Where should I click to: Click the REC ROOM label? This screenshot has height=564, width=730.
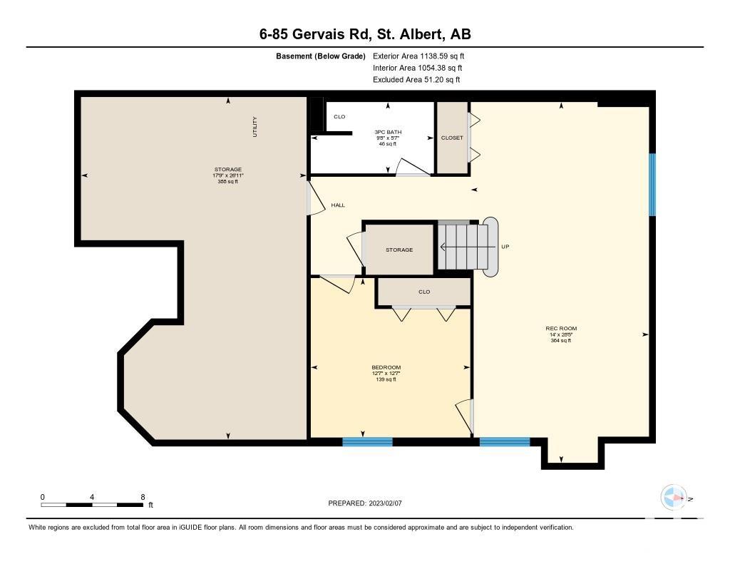tap(561, 328)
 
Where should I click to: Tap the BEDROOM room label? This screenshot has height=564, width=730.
tap(386, 367)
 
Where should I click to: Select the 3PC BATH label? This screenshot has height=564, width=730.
tap(388, 133)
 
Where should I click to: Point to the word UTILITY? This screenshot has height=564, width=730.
tap(255, 127)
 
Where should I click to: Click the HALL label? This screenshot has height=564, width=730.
tap(338, 205)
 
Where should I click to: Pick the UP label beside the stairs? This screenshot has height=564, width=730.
tap(505, 247)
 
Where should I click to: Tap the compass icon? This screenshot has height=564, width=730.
tap(674, 498)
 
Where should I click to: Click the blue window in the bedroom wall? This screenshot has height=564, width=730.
tap(367, 441)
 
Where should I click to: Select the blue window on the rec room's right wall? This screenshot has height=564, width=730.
tap(652, 185)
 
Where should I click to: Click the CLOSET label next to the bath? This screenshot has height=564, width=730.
tap(452, 138)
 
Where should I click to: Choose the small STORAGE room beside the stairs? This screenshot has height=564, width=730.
tap(399, 250)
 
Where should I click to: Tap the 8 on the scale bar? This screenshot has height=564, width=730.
tap(143, 497)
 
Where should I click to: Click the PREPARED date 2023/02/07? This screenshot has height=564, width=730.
tap(386, 503)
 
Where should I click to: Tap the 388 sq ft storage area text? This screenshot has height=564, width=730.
tap(227, 182)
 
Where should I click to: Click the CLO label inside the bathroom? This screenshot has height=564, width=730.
tap(339, 116)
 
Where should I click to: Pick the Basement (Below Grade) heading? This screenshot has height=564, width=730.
tap(321, 56)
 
